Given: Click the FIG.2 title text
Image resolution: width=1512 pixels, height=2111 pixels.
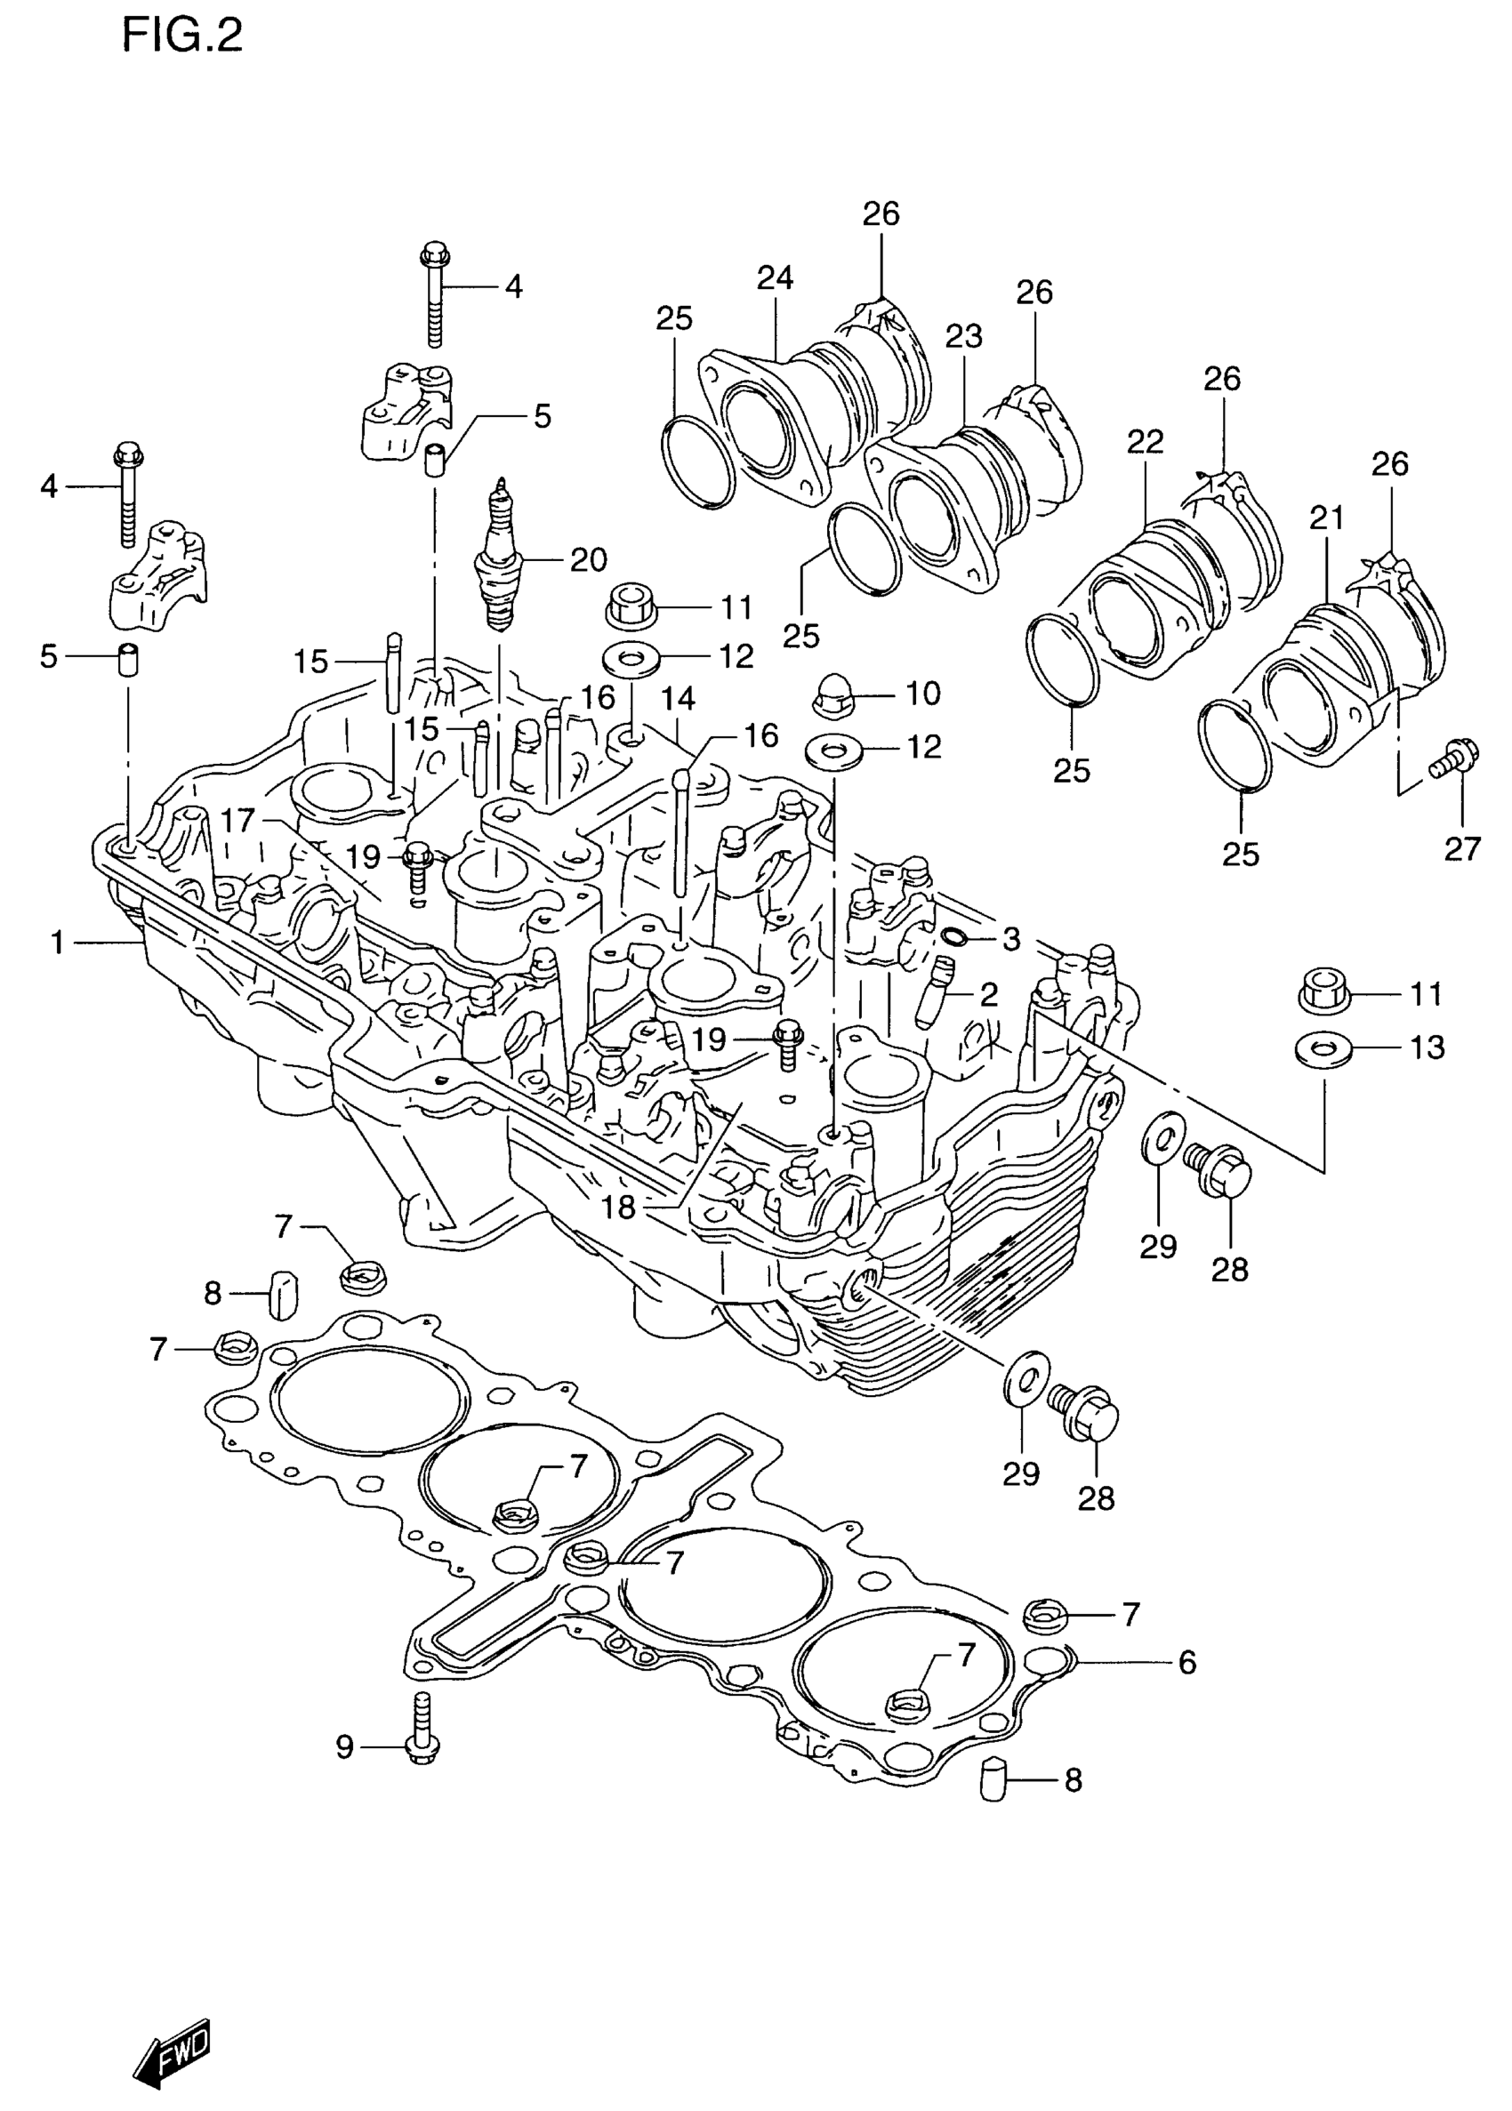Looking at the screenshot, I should tap(182, 37).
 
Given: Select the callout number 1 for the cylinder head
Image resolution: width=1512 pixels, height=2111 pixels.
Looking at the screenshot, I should tap(58, 943).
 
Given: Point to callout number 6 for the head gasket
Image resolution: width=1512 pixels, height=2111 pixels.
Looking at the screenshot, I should tap(1186, 1661).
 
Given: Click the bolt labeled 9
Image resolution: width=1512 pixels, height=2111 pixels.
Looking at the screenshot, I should tap(422, 1725).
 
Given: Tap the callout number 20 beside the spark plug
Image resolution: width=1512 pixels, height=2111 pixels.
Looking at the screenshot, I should tap(588, 559).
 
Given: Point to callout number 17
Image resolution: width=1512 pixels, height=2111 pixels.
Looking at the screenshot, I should tap(237, 820).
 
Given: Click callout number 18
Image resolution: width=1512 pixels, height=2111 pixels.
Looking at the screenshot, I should tap(617, 1207).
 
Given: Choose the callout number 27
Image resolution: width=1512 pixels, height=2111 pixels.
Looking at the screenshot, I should tap(1461, 848).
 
